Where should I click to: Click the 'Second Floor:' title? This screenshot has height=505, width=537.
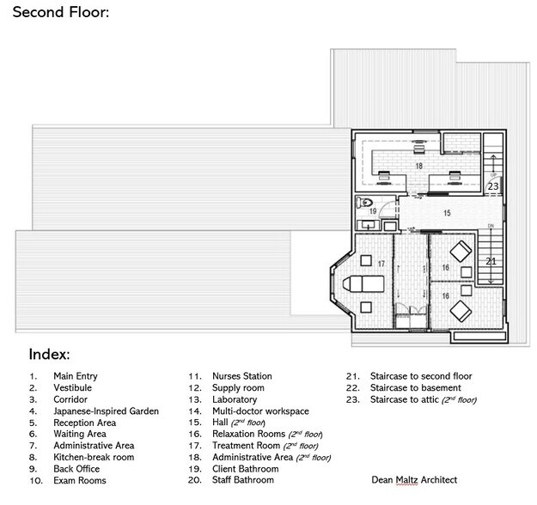pos(60,14)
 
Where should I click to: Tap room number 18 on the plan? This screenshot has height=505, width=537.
pos(419,165)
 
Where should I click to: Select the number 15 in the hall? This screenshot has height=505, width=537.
pos(446,211)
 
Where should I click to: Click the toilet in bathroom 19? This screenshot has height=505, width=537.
pos(363,204)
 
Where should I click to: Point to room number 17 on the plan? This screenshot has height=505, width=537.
pos(381,263)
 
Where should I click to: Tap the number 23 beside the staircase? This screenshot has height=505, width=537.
pos(492,186)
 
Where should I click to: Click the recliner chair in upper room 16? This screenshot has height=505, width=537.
pos(461,252)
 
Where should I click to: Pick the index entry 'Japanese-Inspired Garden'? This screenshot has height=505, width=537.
pos(106,411)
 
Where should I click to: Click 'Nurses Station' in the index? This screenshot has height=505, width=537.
pos(241,376)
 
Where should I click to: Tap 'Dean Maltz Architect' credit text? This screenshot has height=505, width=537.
pos(414,480)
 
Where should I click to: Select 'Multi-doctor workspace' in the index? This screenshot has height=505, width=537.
pos(260,411)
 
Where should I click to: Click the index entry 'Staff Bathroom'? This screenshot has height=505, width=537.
pos(242,480)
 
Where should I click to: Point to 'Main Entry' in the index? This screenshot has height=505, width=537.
pos(76,376)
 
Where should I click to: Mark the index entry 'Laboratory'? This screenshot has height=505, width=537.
pos(235,399)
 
